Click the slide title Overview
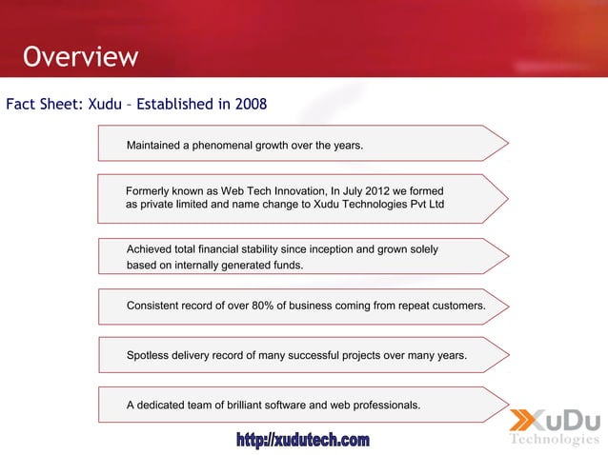coord(81,57)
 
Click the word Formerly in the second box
coord(151,191)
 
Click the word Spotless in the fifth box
coord(151,356)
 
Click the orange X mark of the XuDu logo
coord(526,422)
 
